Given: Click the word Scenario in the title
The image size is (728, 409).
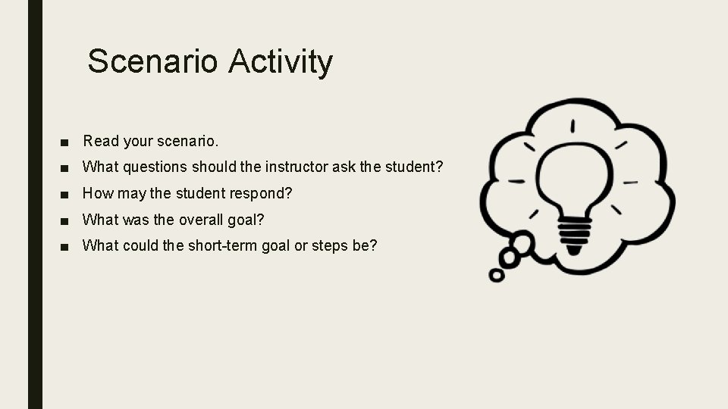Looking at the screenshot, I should [x=152, y=61].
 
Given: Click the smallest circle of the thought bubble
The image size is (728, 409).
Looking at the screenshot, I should [x=497, y=275].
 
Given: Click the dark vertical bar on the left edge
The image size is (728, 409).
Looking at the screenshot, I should [x=35, y=204].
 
